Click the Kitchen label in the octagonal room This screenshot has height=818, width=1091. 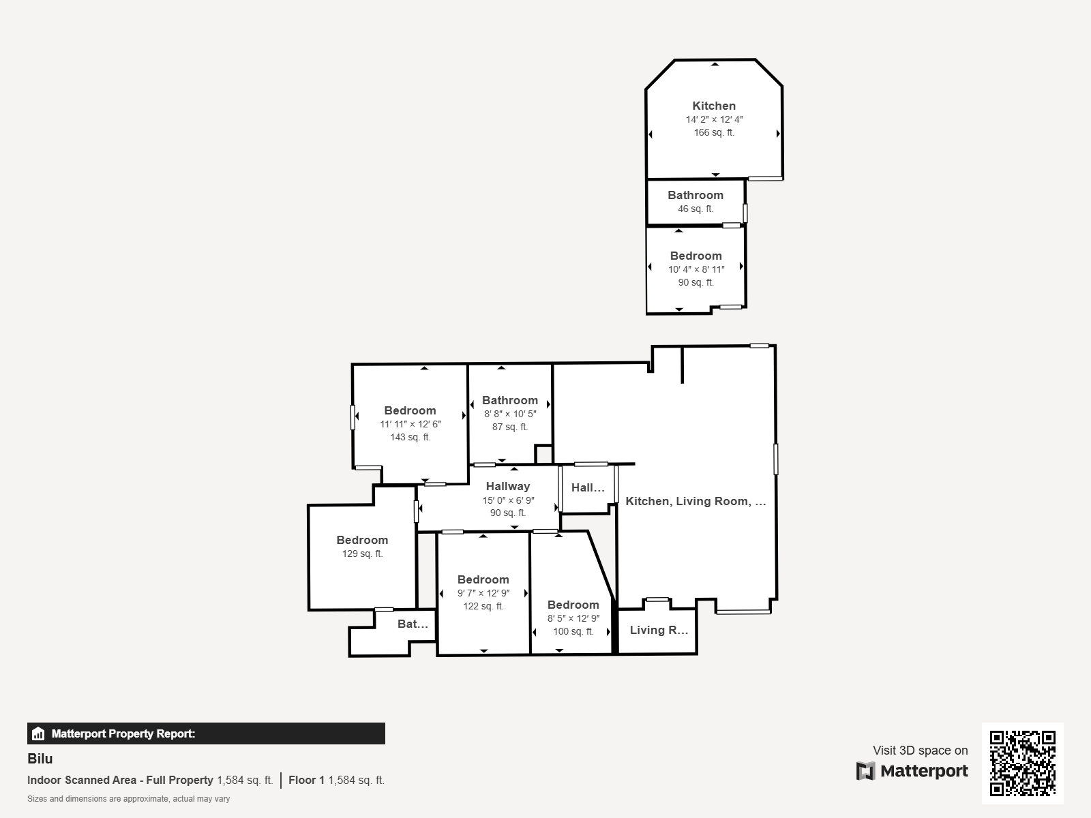714,106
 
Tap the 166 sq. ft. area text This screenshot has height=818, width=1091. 714,133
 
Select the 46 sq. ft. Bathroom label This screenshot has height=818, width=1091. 696,195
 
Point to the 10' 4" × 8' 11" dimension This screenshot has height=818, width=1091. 696,269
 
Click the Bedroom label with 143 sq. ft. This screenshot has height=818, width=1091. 410,411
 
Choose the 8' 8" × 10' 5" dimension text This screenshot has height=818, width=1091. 510,414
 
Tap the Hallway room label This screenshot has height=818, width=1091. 508,486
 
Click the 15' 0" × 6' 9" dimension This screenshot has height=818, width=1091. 508,500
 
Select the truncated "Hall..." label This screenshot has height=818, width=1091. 588,487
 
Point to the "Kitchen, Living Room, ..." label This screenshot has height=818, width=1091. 696,501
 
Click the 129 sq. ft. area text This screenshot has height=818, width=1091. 362,554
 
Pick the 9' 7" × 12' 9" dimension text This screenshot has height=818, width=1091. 483,593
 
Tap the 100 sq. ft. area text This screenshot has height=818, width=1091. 573,632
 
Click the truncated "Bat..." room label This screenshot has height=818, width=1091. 413,624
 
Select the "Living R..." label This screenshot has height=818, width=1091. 659,631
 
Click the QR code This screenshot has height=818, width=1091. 1022,763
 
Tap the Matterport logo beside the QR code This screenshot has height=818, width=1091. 912,771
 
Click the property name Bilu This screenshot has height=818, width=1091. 40,759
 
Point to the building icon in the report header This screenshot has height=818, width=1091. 38,733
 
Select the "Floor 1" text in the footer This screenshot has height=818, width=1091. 306,781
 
